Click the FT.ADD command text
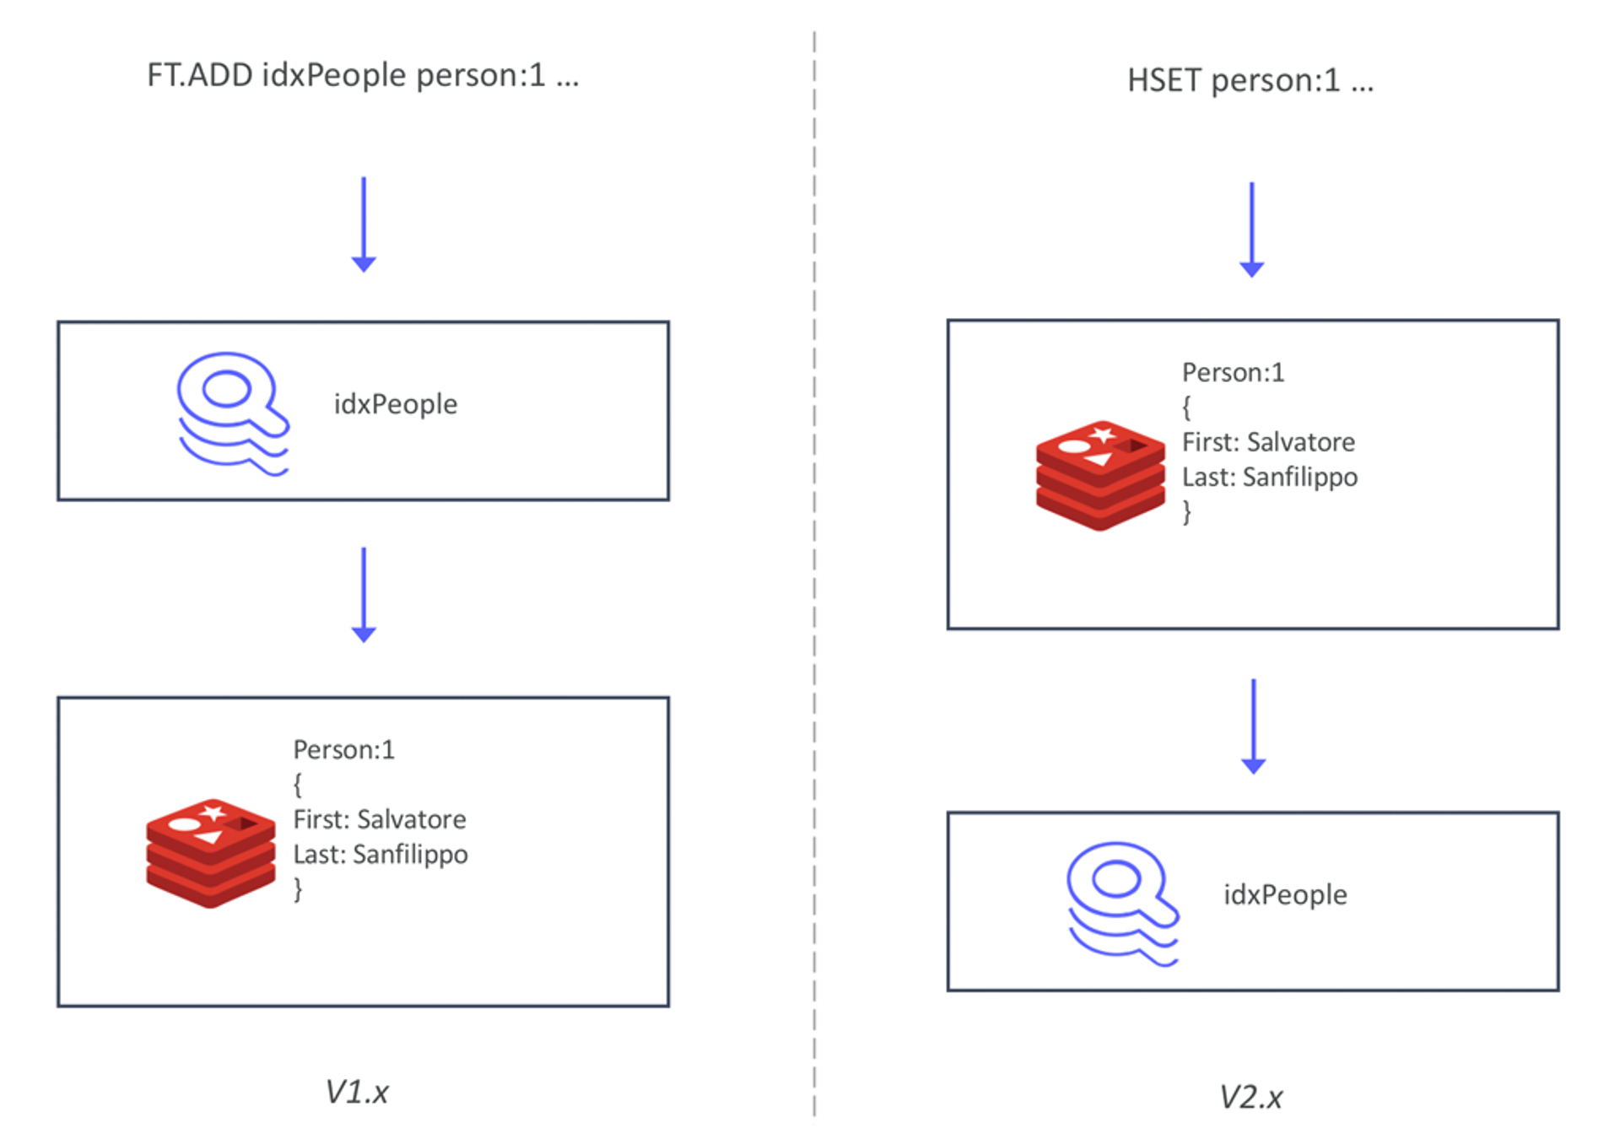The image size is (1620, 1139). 363,75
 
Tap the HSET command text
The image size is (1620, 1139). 1250,81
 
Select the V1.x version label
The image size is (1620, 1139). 357,1092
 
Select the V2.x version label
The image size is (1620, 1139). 1250,1097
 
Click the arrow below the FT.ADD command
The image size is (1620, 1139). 364,224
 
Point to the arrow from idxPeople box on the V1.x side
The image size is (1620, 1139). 364,595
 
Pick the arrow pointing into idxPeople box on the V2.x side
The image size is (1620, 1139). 1253,726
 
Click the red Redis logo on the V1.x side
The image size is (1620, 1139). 211,853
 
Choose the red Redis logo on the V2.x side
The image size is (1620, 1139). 1100,475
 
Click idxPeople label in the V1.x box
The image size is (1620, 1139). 396,404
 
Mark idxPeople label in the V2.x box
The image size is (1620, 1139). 1285,894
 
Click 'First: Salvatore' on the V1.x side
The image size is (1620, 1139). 380,819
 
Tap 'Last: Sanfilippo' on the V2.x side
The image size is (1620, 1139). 1270,478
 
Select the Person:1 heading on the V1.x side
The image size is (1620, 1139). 343,749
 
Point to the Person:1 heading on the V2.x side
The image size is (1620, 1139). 1233,372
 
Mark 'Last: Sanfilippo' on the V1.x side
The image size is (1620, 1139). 381,855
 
